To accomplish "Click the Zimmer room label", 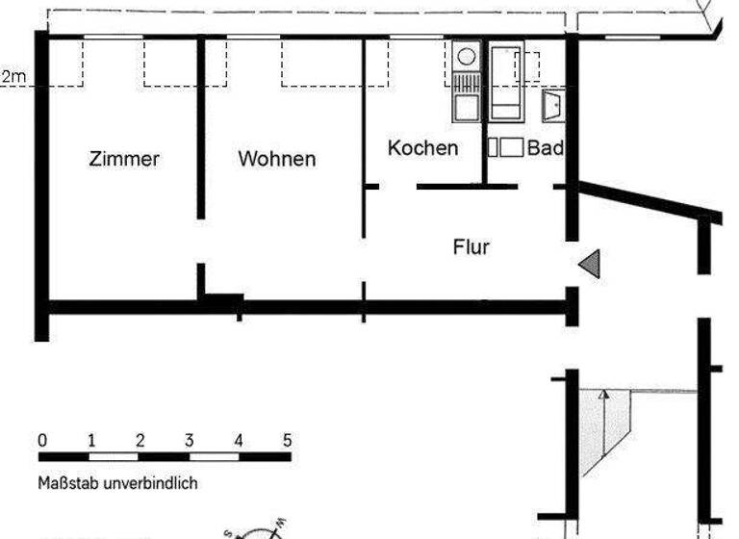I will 124,159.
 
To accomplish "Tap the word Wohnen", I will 277,159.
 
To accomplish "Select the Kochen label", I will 422,148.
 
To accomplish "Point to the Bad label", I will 545,148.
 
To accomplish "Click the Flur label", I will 471,247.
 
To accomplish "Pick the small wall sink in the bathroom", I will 554,105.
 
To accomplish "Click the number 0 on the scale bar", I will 42,441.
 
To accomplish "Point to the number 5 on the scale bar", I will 287,441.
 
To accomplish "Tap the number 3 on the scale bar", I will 190,441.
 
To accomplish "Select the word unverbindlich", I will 153,483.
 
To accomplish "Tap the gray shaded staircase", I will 595,428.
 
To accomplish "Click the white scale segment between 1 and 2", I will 115,456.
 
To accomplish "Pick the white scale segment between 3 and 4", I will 214,456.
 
